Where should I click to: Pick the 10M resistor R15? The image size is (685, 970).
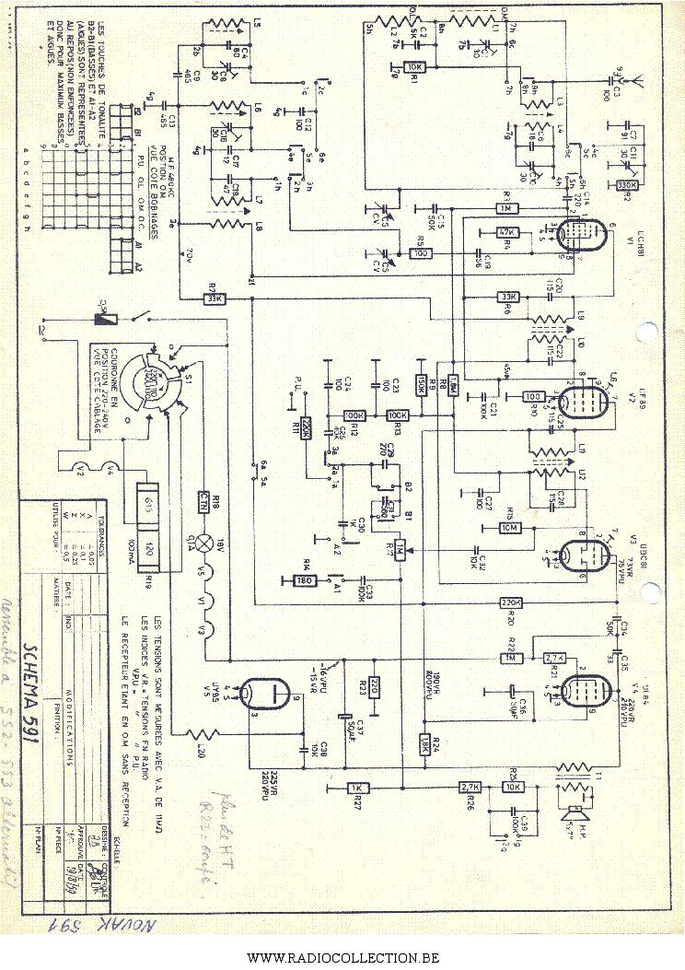click(x=509, y=527)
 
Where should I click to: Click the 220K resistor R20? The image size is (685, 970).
click(x=511, y=602)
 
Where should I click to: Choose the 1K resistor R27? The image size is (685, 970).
click(x=357, y=788)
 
